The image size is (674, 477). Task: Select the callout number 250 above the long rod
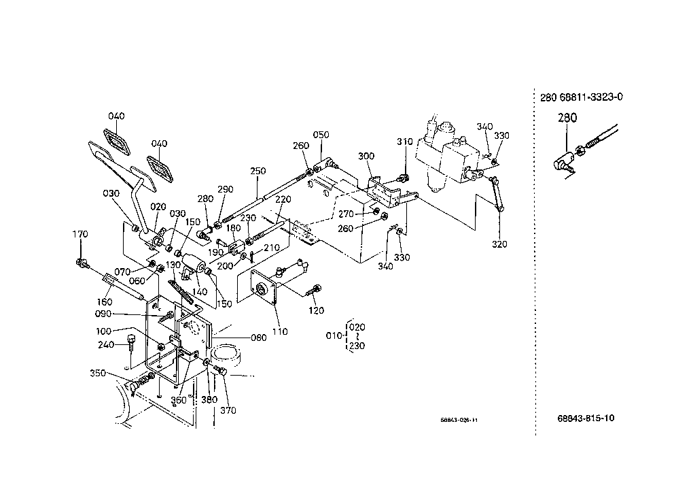pos(258,171)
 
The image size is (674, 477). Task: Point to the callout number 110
pos(279,331)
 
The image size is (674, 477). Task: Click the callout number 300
pos(366,157)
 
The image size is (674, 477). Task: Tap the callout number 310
pos(405,142)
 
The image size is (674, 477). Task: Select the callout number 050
pos(321,135)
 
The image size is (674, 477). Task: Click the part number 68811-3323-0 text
pos(590,97)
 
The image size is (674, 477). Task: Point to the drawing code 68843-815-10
pos(586,418)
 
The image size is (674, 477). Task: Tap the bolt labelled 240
pos(131,340)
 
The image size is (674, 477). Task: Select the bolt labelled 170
pos(83,261)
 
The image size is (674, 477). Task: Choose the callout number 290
pos(225,189)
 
